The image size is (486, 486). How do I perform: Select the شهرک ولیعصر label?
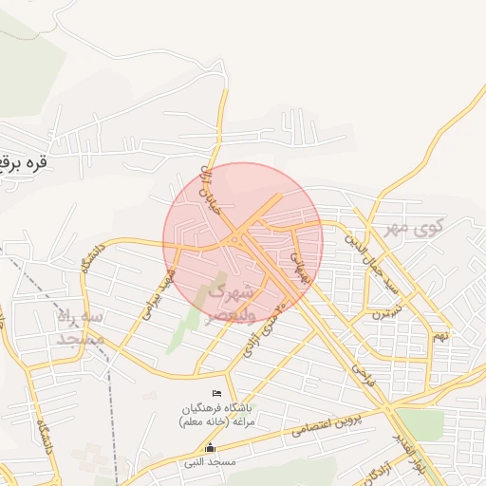229,299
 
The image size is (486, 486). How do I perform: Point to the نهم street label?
439,335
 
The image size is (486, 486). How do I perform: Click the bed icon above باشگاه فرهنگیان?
218,393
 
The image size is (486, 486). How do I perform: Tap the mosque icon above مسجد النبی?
211,447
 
